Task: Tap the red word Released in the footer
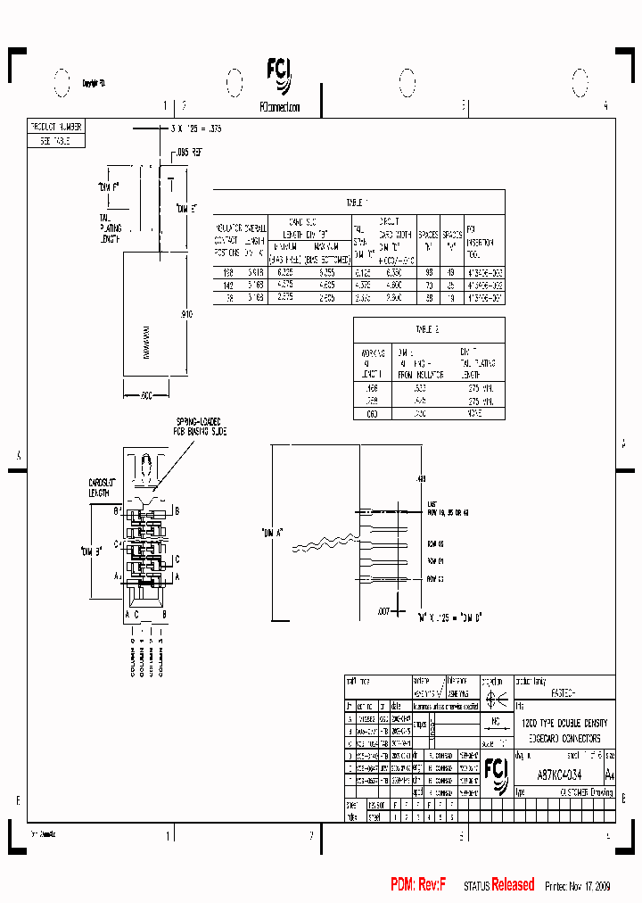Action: pyautogui.click(x=513, y=885)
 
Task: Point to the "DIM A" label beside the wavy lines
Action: pyautogui.click(x=272, y=533)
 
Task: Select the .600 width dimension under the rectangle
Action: pyautogui.click(x=148, y=394)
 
